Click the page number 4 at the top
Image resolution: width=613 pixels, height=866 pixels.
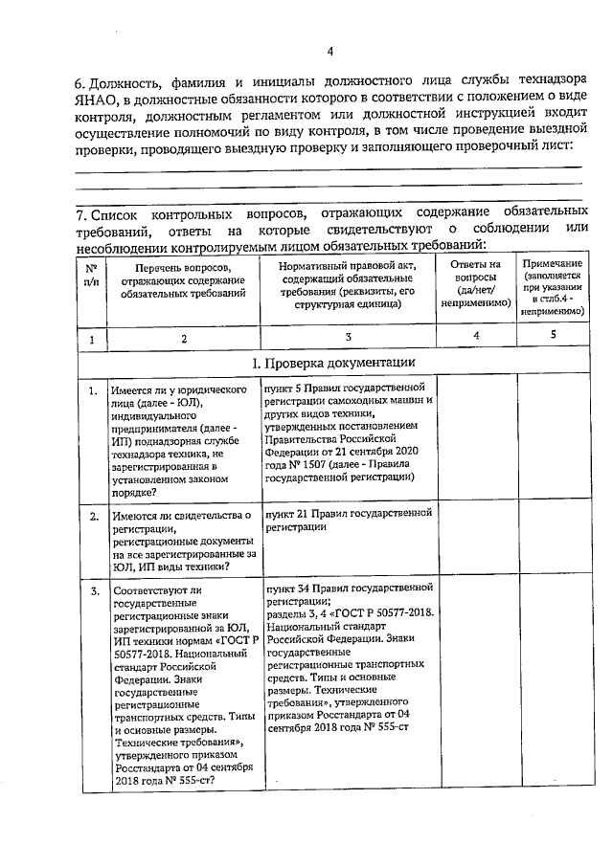329,52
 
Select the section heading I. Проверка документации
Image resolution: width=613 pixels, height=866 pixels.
332,363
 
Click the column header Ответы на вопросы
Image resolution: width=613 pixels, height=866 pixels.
475,283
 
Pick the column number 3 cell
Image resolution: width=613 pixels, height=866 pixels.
349,337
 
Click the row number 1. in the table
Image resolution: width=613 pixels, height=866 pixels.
92,391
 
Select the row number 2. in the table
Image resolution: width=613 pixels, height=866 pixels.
92,517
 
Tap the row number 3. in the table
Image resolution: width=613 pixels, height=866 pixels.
92,590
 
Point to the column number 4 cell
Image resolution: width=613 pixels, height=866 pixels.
476,335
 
